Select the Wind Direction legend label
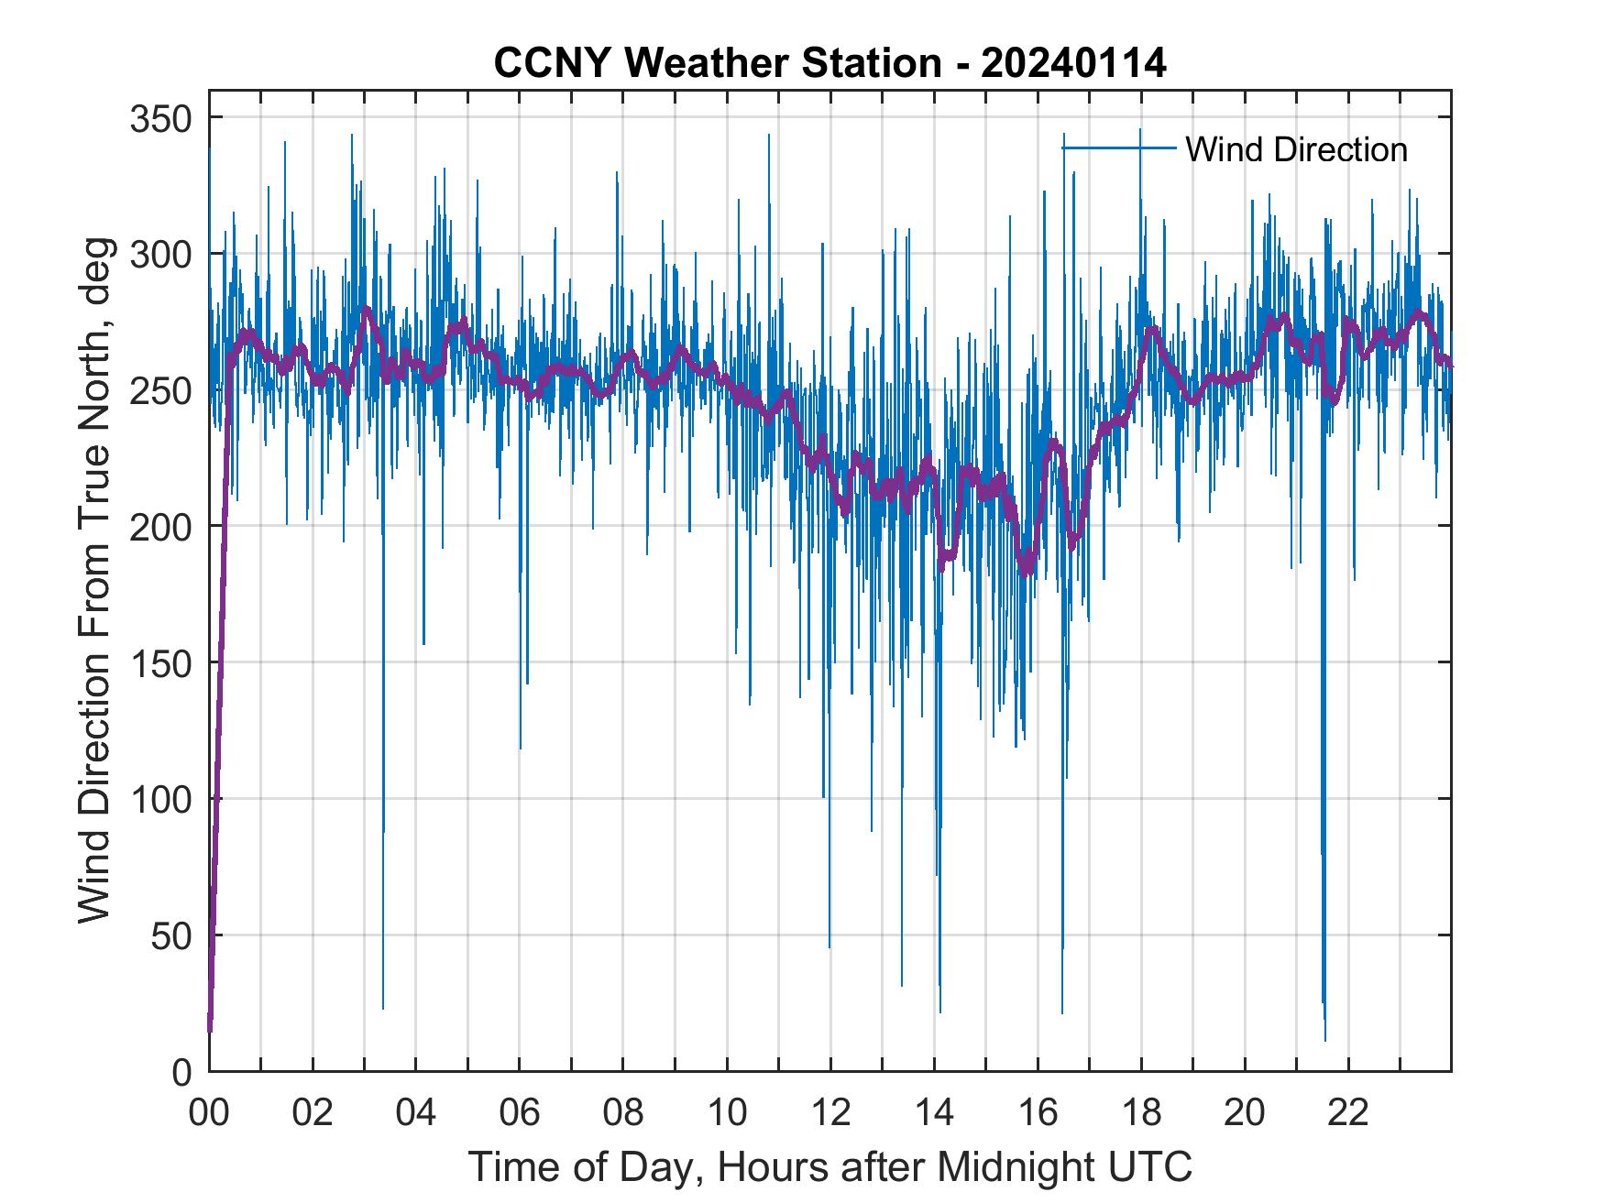point(1296,149)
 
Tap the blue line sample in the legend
point(1118,148)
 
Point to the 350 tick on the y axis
point(161,119)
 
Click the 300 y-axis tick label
point(161,255)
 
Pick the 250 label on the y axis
point(161,391)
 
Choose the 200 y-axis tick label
point(161,527)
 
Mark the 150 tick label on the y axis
point(161,663)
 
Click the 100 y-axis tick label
point(161,799)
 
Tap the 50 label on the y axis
point(171,935)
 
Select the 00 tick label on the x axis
point(209,1114)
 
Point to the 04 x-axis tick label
point(416,1114)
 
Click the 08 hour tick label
point(623,1114)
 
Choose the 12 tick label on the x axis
point(830,1114)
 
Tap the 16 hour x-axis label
point(1038,1114)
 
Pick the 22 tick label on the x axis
point(1348,1114)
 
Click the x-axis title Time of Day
point(829,1167)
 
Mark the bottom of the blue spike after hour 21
point(1324,1039)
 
